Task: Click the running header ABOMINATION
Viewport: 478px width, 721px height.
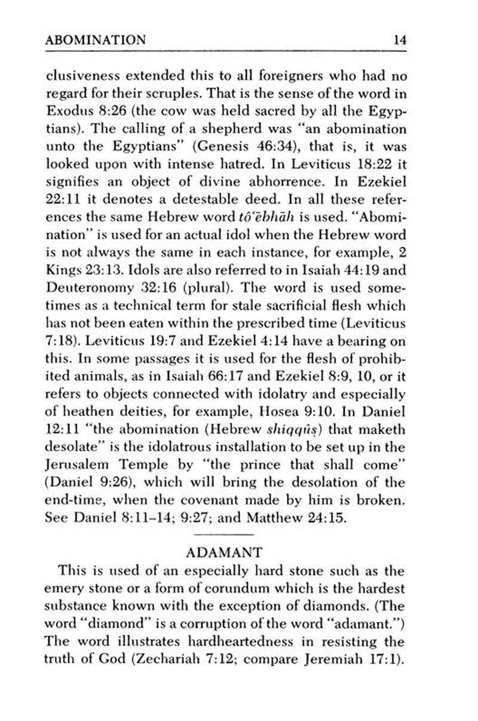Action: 96,41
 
